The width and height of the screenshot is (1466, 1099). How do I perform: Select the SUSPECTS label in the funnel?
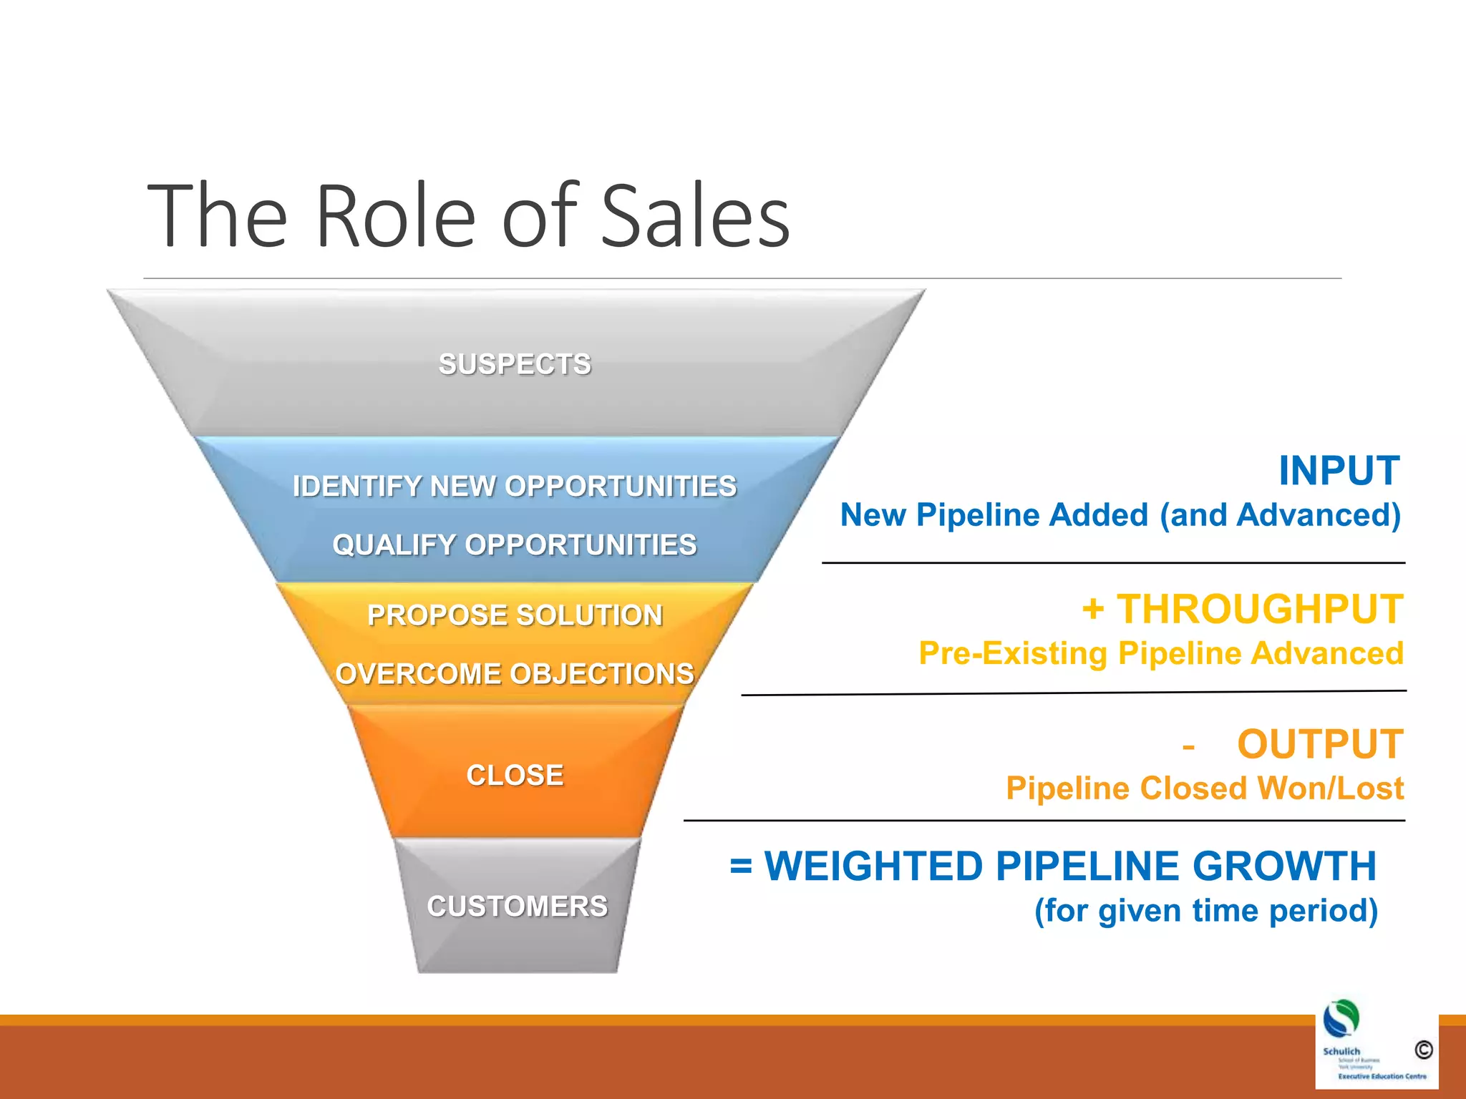515,364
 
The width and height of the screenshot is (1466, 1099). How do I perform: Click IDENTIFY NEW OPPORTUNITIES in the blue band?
515,487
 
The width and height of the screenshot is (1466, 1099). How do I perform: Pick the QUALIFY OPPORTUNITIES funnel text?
515,545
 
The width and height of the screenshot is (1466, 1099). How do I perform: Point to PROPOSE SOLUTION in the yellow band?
515,615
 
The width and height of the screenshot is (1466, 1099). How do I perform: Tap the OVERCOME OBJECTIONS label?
515,674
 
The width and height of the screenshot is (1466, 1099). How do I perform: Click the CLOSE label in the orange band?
515,776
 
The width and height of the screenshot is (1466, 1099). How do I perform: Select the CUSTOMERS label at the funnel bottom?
517,907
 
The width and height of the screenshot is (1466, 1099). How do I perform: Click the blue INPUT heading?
1339,471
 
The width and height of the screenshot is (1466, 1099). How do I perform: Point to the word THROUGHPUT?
1260,610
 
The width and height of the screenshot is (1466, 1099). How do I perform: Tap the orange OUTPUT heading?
1320,744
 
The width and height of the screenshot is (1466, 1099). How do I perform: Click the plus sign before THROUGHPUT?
1093,610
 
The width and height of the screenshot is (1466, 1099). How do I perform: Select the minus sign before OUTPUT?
1188,747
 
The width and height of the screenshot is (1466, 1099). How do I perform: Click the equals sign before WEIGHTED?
741,866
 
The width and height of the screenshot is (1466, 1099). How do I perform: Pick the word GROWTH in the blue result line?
1284,866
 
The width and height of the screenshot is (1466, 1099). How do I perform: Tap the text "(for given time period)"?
1206,911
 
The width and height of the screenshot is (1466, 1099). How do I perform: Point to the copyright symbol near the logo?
1423,1050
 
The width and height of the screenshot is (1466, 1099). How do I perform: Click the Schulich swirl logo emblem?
1341,1019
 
